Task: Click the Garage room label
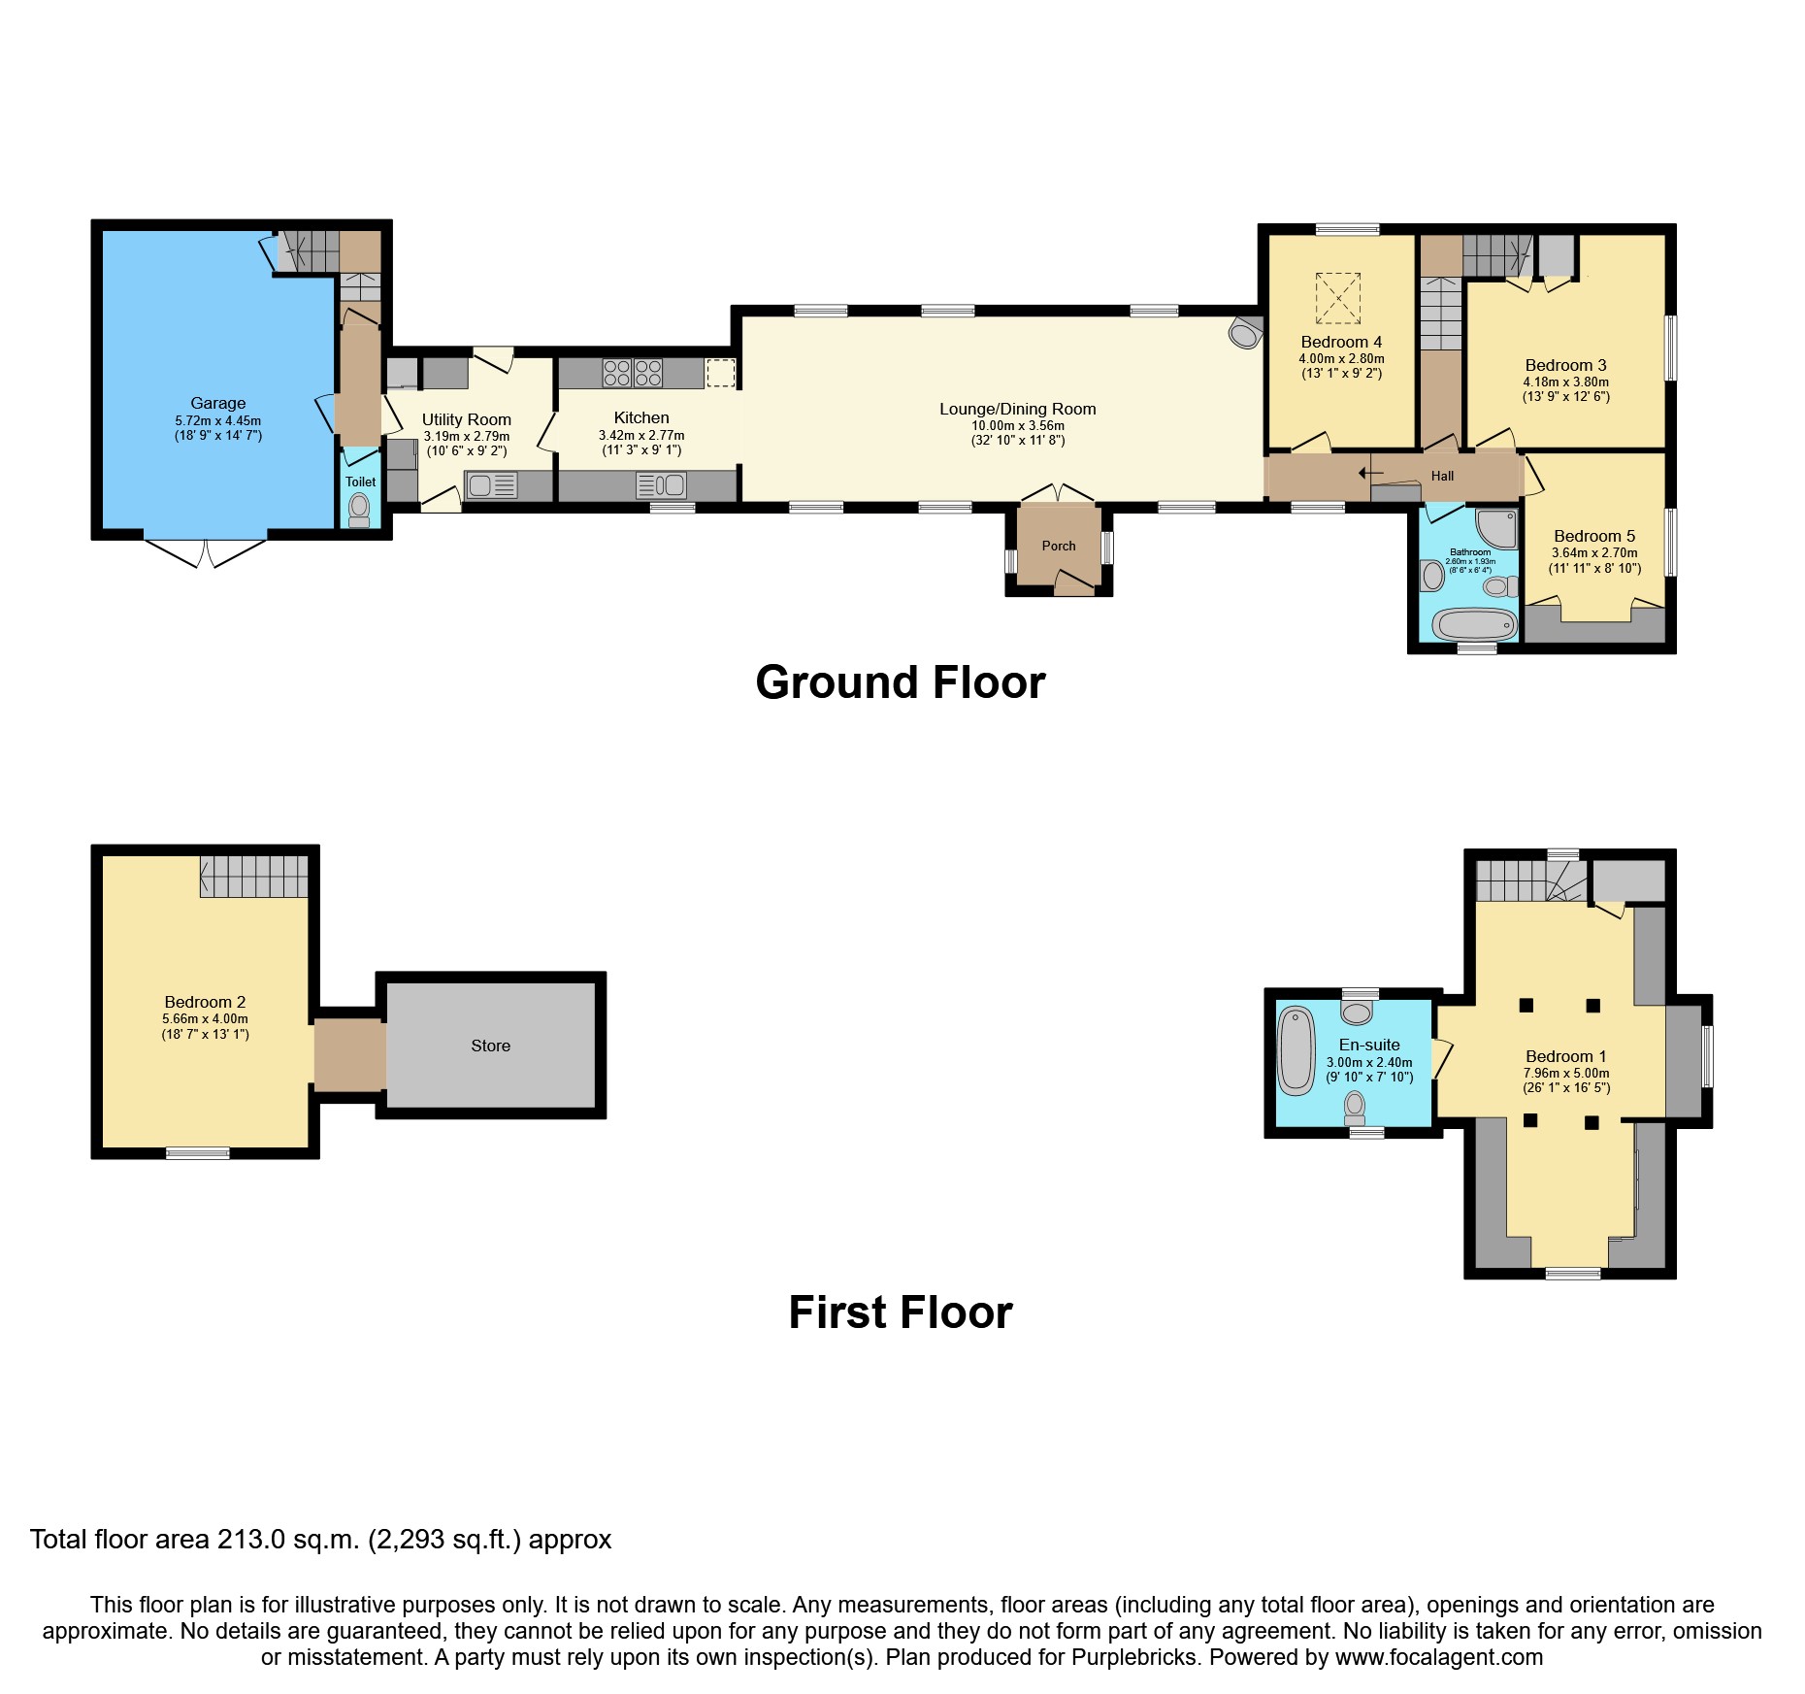click(217, 403)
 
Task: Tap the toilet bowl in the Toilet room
click(359, 508)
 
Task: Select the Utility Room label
click(466, 419)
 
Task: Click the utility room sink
click(491, 484)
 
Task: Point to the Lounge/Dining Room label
click(1017, 409)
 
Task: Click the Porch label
click(1059, 546)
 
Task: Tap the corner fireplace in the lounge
click(1243, 334)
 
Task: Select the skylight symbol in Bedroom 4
click(1338, 297)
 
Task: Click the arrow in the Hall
click(1370, 473)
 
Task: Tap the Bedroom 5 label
click(1593, 536)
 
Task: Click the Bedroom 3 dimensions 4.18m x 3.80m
click(1565, 382)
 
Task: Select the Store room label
click(490, 1046)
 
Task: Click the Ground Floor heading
click(900, 682)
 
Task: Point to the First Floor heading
click(900, 1312)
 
